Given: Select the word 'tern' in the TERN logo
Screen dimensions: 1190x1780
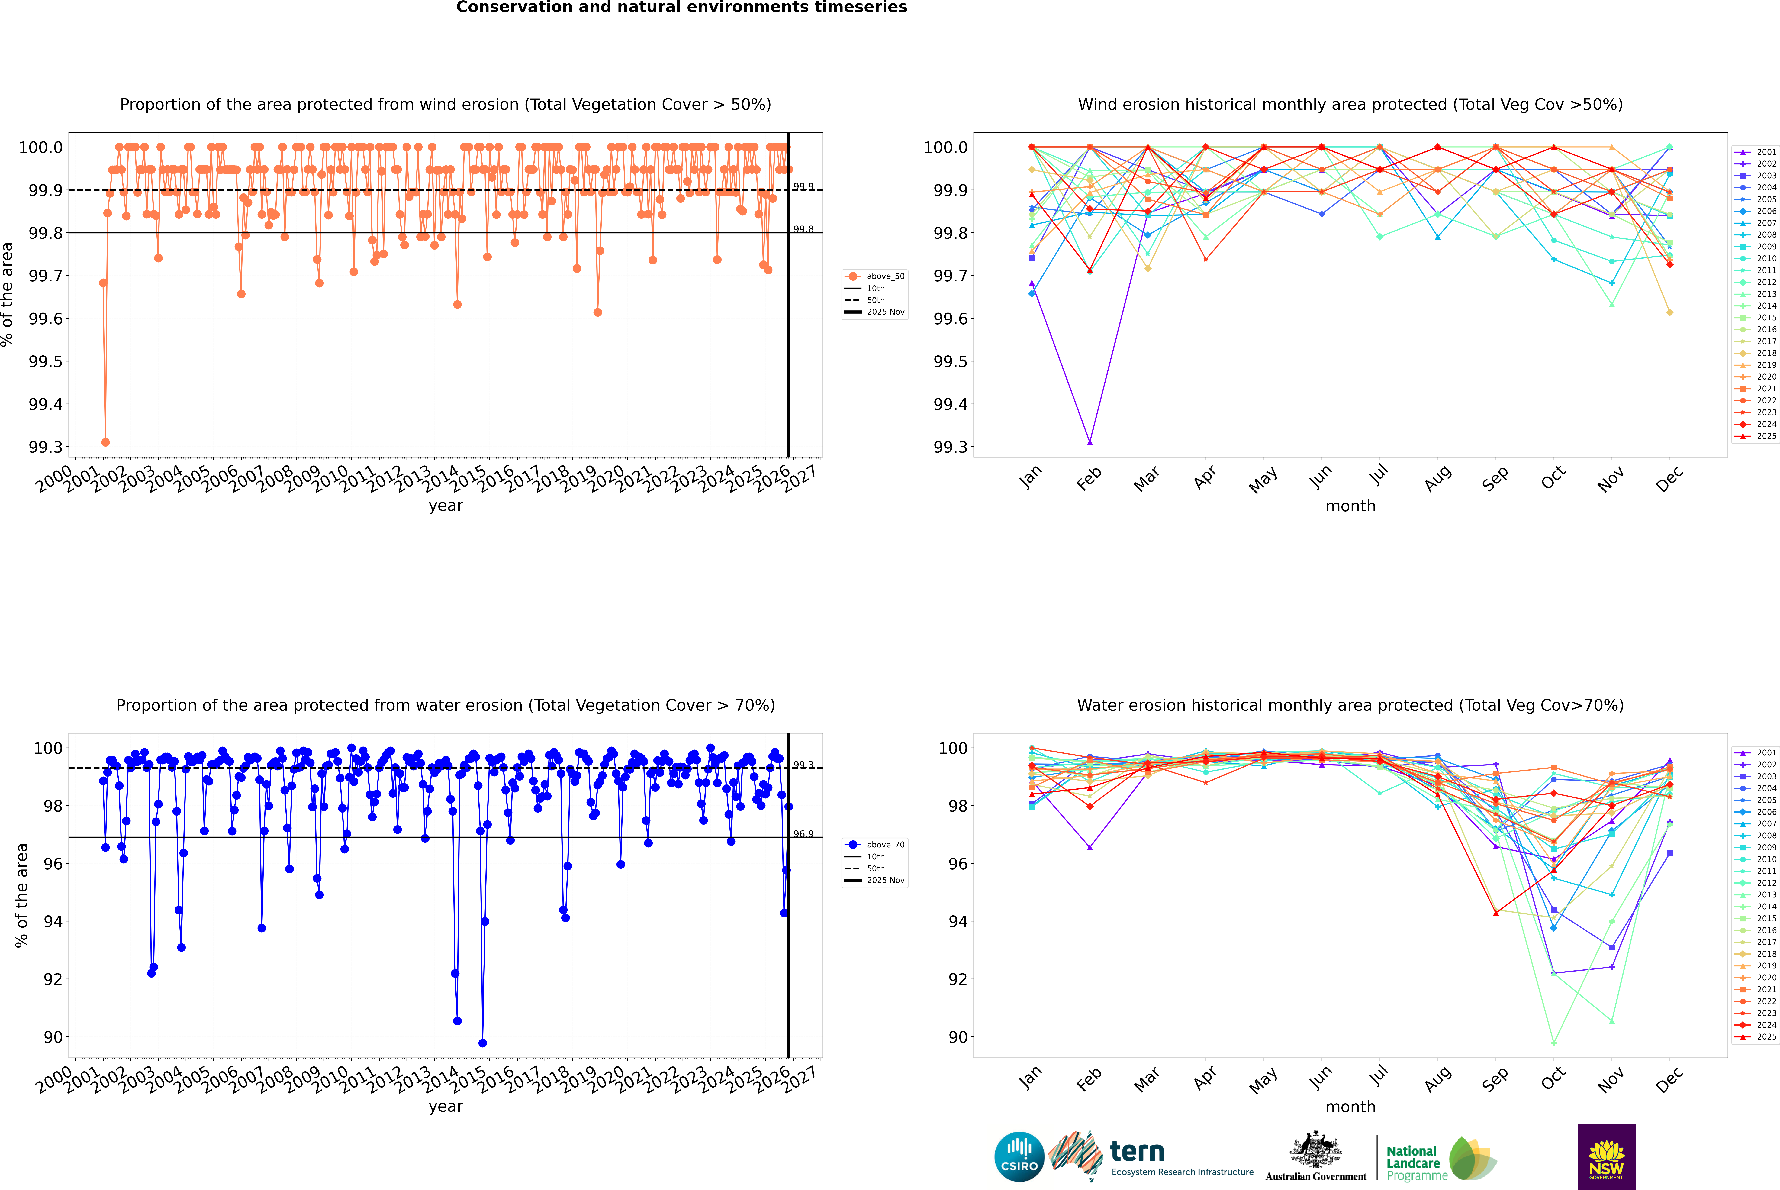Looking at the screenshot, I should click(1137, 1151).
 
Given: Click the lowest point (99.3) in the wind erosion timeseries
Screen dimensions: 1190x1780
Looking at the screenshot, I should click(105, 442).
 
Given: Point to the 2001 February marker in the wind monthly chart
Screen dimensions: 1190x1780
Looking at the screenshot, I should click(1090, 442).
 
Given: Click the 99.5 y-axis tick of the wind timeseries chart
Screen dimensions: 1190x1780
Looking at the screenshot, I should click(46, 361).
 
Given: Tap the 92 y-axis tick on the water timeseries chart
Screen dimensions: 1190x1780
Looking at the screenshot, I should click(53, 979).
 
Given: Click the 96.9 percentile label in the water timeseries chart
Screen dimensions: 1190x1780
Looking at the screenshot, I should click(803, 834).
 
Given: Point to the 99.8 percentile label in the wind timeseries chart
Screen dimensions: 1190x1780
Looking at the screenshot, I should click(803, 229).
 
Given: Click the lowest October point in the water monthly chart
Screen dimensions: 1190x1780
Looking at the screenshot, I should click(1553, 1043).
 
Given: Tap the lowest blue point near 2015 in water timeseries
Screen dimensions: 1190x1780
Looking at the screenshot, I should click(483, 1043).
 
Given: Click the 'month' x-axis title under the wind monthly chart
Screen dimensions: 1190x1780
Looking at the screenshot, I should click(1350, 506).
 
